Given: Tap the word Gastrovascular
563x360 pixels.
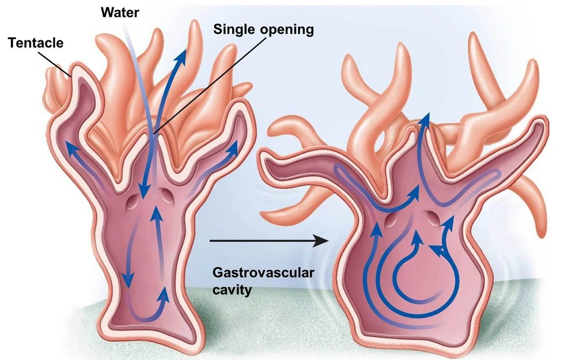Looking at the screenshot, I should coord(263,272).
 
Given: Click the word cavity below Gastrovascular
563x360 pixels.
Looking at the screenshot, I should coord(232,290).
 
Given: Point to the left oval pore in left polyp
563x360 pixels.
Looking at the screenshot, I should coord(133,201).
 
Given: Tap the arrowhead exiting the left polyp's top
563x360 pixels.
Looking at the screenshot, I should coord(185,56).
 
